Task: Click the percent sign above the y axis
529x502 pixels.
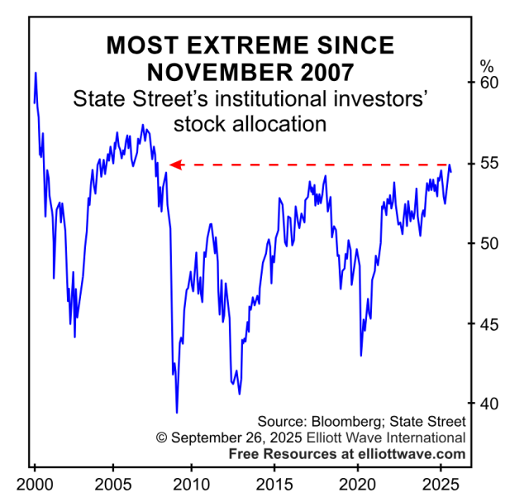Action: (487, 65)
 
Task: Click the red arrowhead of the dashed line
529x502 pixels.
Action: (174, 165)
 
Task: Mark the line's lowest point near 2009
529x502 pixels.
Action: (176, 412)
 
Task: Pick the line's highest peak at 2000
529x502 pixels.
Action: (36, 73)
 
